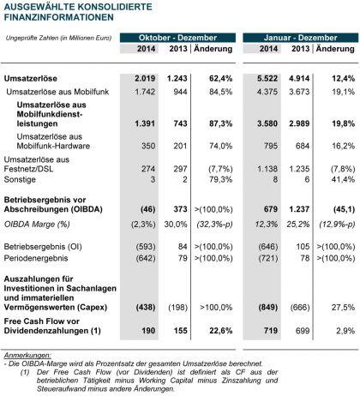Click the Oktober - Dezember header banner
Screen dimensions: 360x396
[177, 38]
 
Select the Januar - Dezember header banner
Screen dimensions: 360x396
[301, 38]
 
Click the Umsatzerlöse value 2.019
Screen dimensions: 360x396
[145, 78]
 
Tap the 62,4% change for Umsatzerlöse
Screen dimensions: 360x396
[220, 78]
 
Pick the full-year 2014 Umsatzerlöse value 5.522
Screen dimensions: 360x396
[267, 78]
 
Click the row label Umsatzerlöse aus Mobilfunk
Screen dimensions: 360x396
[57, 92]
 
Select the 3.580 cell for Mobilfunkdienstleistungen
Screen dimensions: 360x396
[267, 123]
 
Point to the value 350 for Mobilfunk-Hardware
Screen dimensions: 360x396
[148, 146]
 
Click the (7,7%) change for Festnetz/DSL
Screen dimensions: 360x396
[220, 169]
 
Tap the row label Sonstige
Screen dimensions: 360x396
[20, 179]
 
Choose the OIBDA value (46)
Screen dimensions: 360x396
[148, 209]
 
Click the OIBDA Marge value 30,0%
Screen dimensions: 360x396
[176, 225]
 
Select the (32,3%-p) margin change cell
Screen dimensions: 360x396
[214, 225]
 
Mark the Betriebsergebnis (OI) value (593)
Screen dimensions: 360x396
[146, 247]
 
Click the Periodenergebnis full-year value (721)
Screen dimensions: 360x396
[268, 258]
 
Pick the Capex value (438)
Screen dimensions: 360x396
[146, 308]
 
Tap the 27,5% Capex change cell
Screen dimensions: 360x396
[343, 308]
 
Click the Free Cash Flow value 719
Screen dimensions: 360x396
[271, 331]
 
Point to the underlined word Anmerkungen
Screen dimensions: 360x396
[27, 356]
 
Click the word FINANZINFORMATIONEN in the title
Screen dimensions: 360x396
[59, 17]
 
